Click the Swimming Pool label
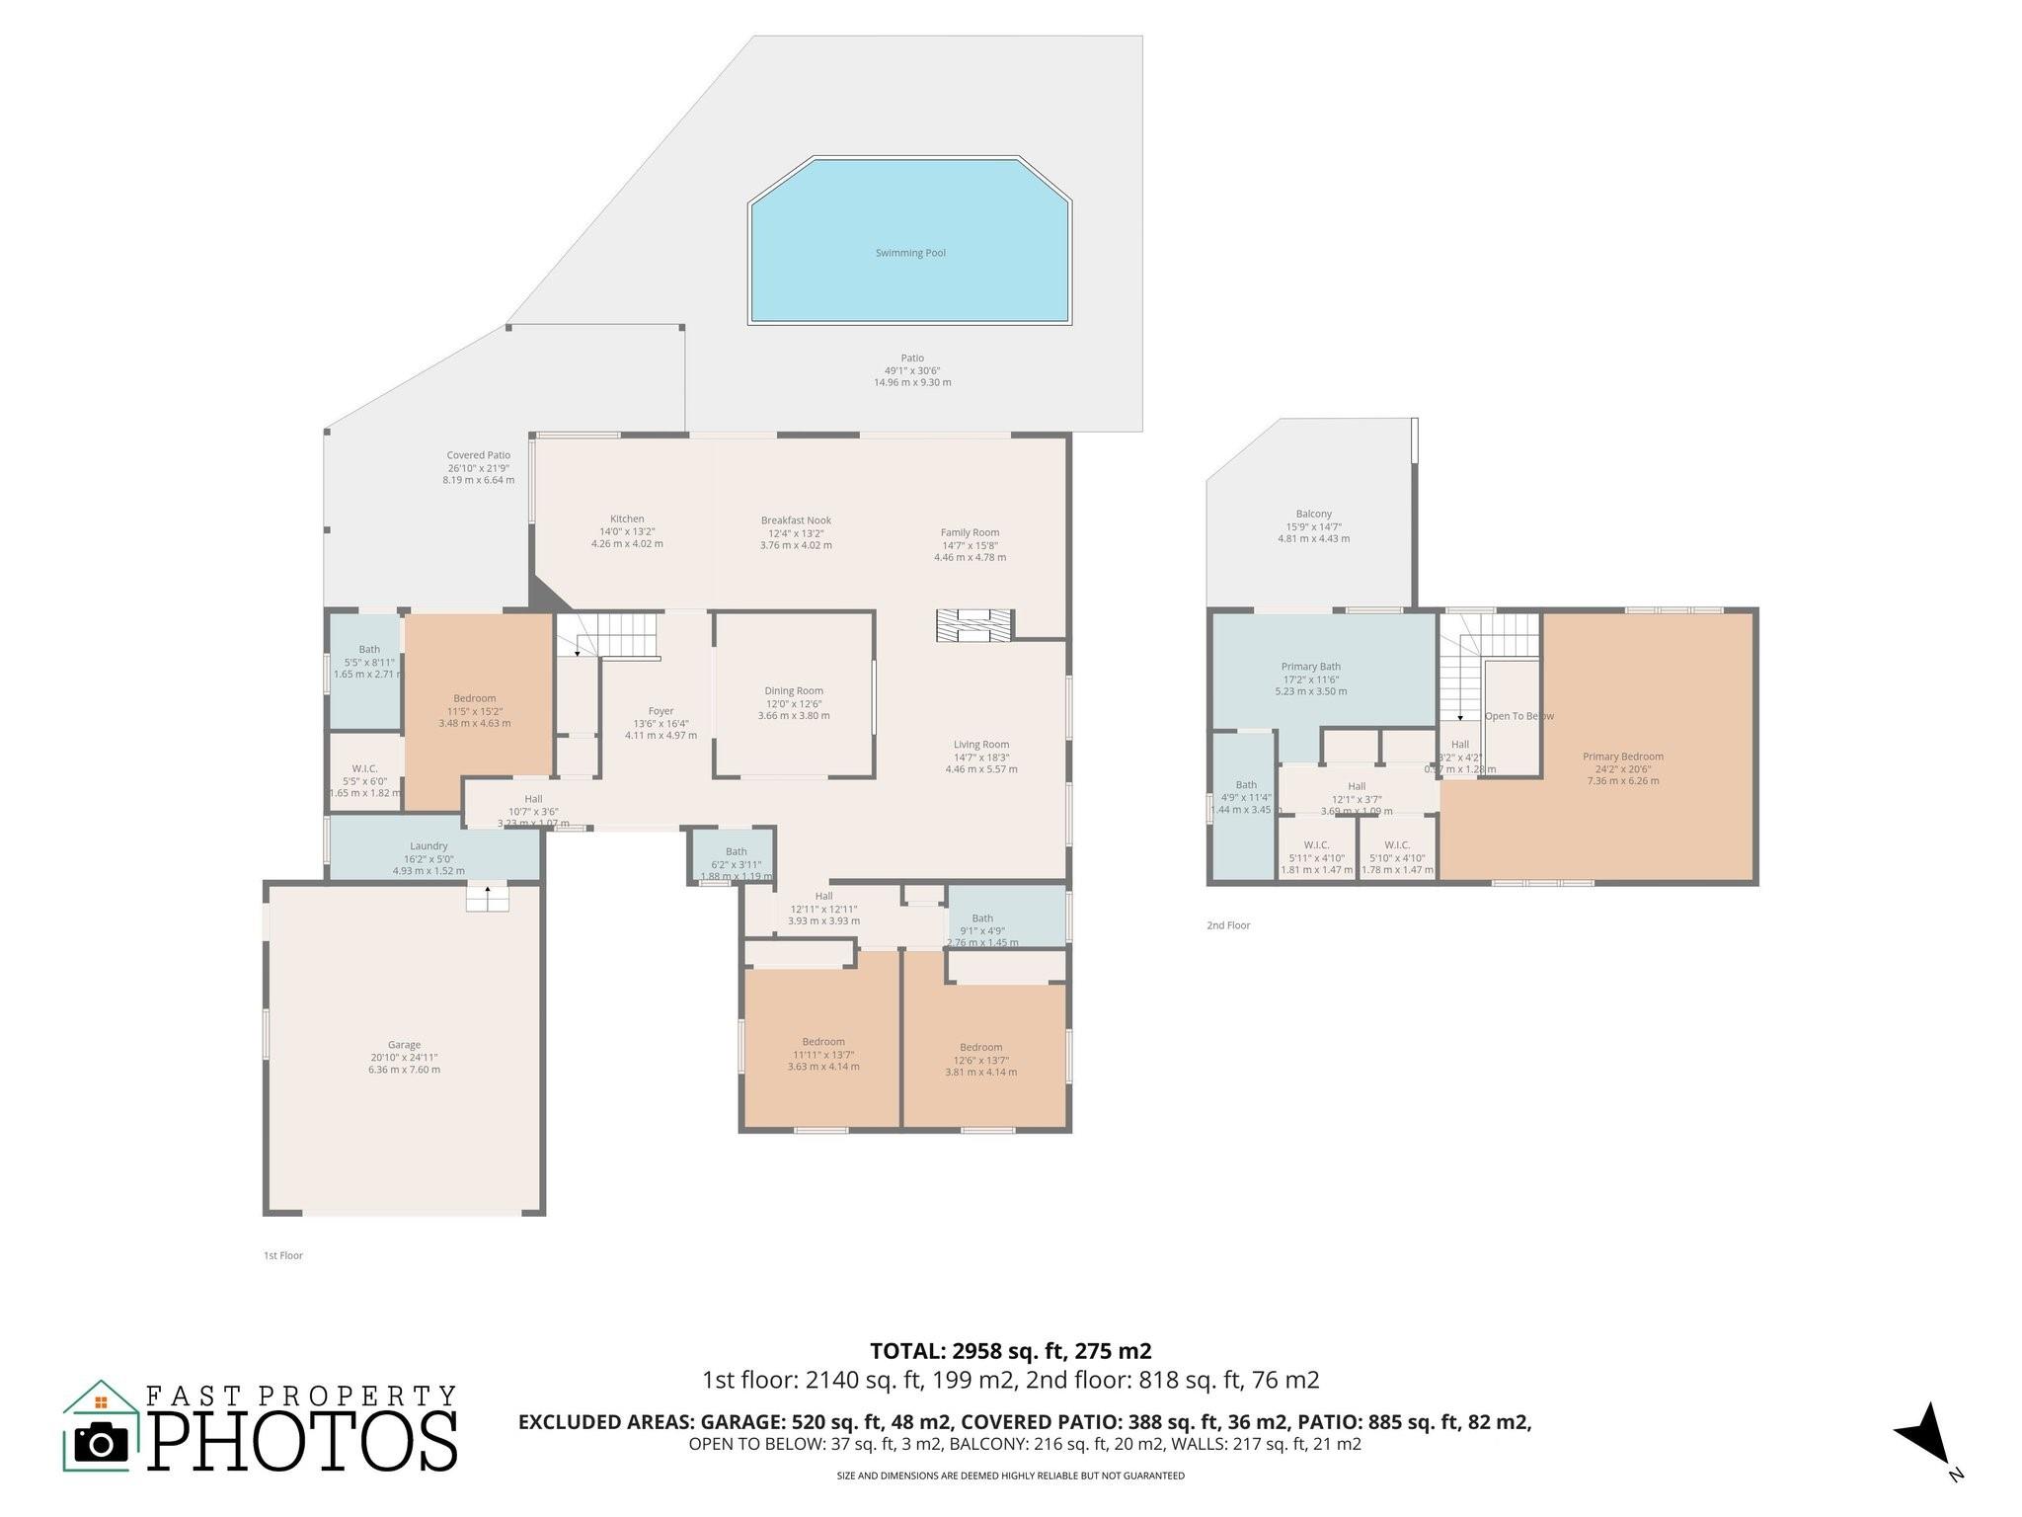click(x=910, y=253)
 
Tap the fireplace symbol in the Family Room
click(x=974, y=626)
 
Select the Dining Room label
click(x=794, y=691)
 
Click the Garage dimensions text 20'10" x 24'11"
click(x=404, y=1057)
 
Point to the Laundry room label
click(x=428, y=846)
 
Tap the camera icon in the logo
click(x=102, y=1445)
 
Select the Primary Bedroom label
click(x=1622, y=757)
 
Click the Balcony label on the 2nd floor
click(x=1314, y=514)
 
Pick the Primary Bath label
click(x=1310, y=667)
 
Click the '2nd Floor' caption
click(x=1228, y=925)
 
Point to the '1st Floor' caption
click(x=283, y=1255)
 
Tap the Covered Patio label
click(x=478, y=455)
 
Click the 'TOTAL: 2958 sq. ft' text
click(x=1010, y=1351)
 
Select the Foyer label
click(x=661, y=711)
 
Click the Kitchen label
click(x=627, y=519)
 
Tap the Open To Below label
click(x=1518, y=716)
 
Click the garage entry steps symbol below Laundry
click(x=488, y=898)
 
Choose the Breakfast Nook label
click(x=796, y=520)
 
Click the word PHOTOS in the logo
click(x=303, y=1442)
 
